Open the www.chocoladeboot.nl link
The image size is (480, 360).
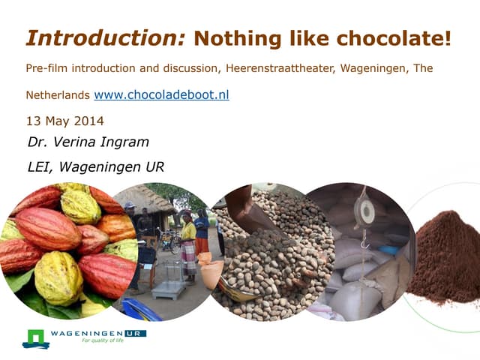(x=161, y=96)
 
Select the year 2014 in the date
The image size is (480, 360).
(x=88, y=121)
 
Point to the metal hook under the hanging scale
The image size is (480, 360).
(x=365, y=241)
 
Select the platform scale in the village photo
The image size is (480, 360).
(x=169, y=277)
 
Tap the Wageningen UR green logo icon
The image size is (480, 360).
(x=34, y=338)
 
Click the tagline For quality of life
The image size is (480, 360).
(x=102, y=340)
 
